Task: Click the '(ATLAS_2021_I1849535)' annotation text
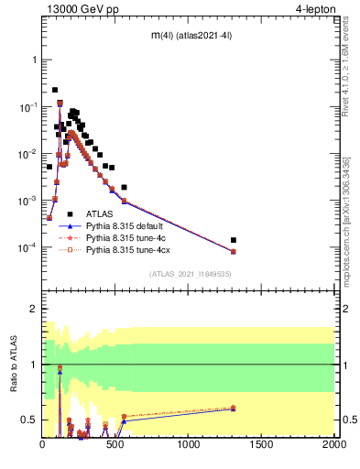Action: click(189, 273)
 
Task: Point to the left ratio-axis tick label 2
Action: click(34, 310)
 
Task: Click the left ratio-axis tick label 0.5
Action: click(30, 420)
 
